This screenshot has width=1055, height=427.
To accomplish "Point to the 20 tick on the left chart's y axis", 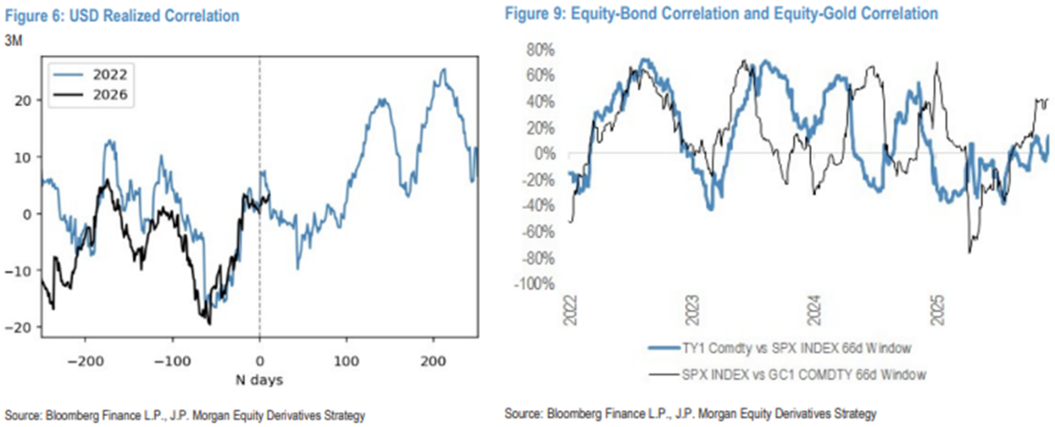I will (x=28, y=100).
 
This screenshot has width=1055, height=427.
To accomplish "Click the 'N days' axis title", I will (x=260, y=380).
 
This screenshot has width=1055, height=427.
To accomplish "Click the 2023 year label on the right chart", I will (x=693, y=311).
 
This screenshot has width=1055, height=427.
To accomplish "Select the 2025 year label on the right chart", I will (x=936, y=311).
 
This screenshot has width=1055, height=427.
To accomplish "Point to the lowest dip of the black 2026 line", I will (x=209, y=323).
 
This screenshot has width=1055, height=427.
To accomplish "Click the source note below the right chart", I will (x=691, y=414).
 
